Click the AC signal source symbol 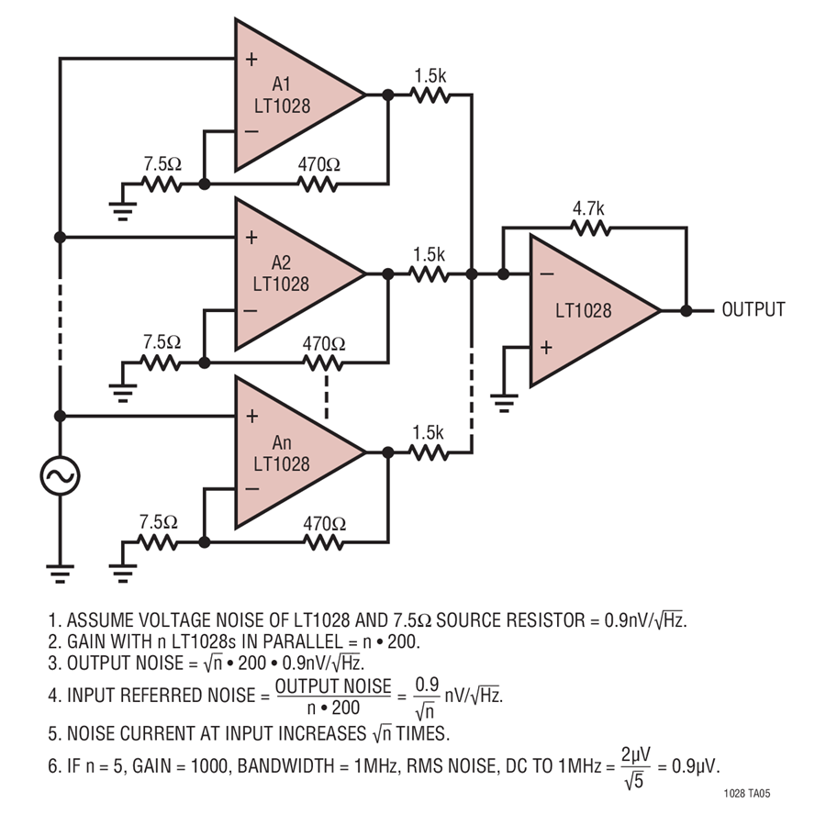click(x=60, y=475)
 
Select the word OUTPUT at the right click(x=753, y=309)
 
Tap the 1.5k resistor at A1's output click(x=429, y=94)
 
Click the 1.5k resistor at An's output click(x=429, y=452)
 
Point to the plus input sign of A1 click(x=251, y=59)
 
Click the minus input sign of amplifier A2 click(x=251, y=309)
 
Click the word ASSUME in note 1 click(x=106, y=619)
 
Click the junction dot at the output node click(x=686, y=310)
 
